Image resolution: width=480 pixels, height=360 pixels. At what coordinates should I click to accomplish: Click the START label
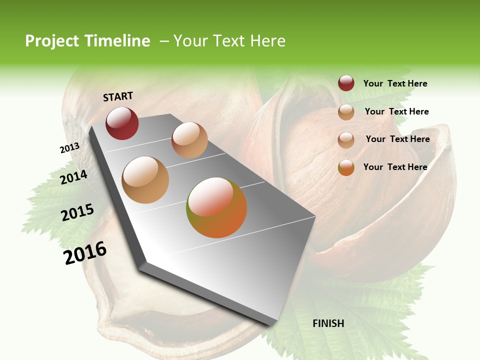tap(118, 96)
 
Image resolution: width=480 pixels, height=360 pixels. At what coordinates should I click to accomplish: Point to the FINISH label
tap(328, 323)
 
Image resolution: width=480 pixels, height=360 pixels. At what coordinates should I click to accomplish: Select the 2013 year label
tap(70, 148)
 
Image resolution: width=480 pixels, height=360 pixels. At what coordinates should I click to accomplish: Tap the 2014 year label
tap(74, 177)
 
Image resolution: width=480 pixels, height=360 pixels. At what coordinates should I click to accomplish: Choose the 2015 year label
tap(77, 212)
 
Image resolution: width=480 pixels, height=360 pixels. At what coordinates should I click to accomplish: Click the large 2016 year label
tap(85, 253)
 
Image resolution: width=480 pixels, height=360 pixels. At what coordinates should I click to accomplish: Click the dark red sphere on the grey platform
tap(122, 123)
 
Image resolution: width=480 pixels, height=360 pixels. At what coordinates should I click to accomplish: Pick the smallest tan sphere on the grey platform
tap(189, 140)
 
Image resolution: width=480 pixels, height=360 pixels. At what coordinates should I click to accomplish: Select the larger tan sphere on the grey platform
tap(145, 180)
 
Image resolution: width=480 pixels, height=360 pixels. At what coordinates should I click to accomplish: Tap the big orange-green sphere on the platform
tap(216, 207)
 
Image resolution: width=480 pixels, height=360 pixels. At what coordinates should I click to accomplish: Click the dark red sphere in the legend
tap(346, 83)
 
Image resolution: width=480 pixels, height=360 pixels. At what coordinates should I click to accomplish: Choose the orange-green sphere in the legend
tap(346, 167)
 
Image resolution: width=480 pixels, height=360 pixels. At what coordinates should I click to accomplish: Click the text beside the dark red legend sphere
tap(395, 84)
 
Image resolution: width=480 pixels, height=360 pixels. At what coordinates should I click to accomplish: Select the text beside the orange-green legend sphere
tap(395, 167)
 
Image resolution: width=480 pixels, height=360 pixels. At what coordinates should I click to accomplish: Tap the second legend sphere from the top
tap(346, 112)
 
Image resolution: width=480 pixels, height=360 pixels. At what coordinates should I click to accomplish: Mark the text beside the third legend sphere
tap(397, 139)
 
